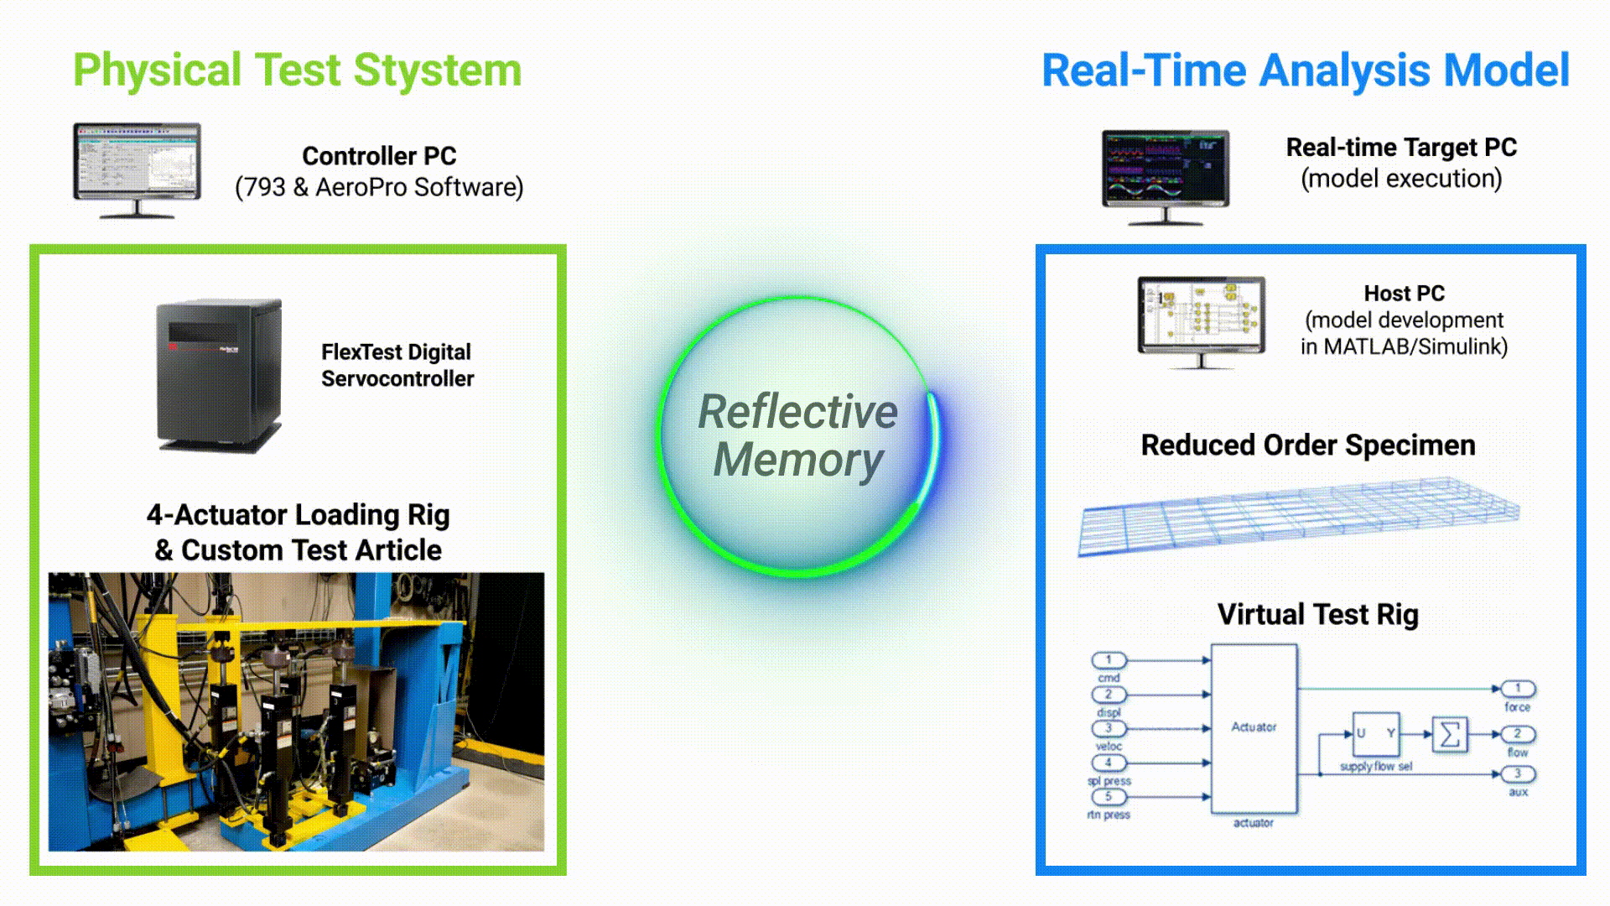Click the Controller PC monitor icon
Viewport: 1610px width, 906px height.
pyautogui.click(x=137, y=164)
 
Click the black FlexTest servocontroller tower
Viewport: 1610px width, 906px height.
pyautogui.click(x=219, y=375)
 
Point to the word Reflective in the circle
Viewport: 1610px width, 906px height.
pyautogui.click(x=797, y=412)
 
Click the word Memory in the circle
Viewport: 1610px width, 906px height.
pyautogui.click(x=797, y=461)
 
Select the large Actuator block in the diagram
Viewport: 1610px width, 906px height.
pyautogui.click(x=1254, y=727)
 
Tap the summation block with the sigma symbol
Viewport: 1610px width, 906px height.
pyautogui.click(x=1450, y=735)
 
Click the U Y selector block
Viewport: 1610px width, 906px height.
pyautogui.click(x=1375, y=734)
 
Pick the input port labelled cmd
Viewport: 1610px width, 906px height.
pyautogui.click(x=1109, y=660)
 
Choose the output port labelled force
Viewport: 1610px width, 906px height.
pyautogui.click(x=1518, y=689)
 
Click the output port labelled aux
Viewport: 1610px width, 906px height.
pyautogui.click(x=1518, y=774)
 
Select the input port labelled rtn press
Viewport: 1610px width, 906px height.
pyautogui.click(x=1109, y=797)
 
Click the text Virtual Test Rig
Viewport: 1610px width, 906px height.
pyautogui.click(x=1317, y=615)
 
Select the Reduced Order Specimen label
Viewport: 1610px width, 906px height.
pyautogui.click(x=1307, y=445)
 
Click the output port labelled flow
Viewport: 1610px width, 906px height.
pyautogui.click(x=1518, y=734)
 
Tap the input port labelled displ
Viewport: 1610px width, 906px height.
pyautogui.click(x=1109, y=695)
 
